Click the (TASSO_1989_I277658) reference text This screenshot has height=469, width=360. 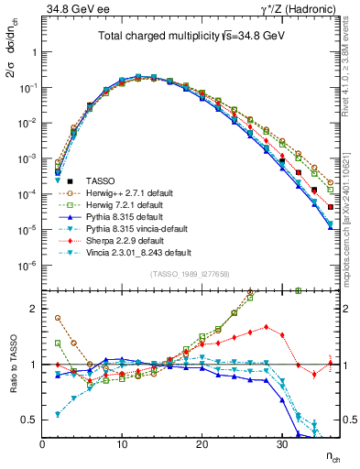click(188, 273)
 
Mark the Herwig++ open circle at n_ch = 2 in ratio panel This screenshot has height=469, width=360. click(58, 318)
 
